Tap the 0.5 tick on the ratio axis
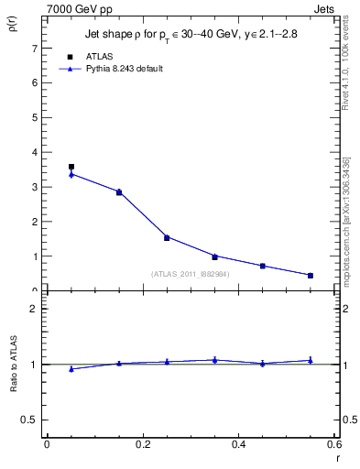click(31, 420)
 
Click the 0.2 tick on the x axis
click(142, 446)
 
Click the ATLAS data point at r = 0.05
click(71, 167)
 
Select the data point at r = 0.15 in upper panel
click(119, 192)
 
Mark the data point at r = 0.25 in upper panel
click(167, 237)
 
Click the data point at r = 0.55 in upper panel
click(311, 275)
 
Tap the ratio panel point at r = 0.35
click(214, 360)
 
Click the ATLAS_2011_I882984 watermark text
click(191, 274)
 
